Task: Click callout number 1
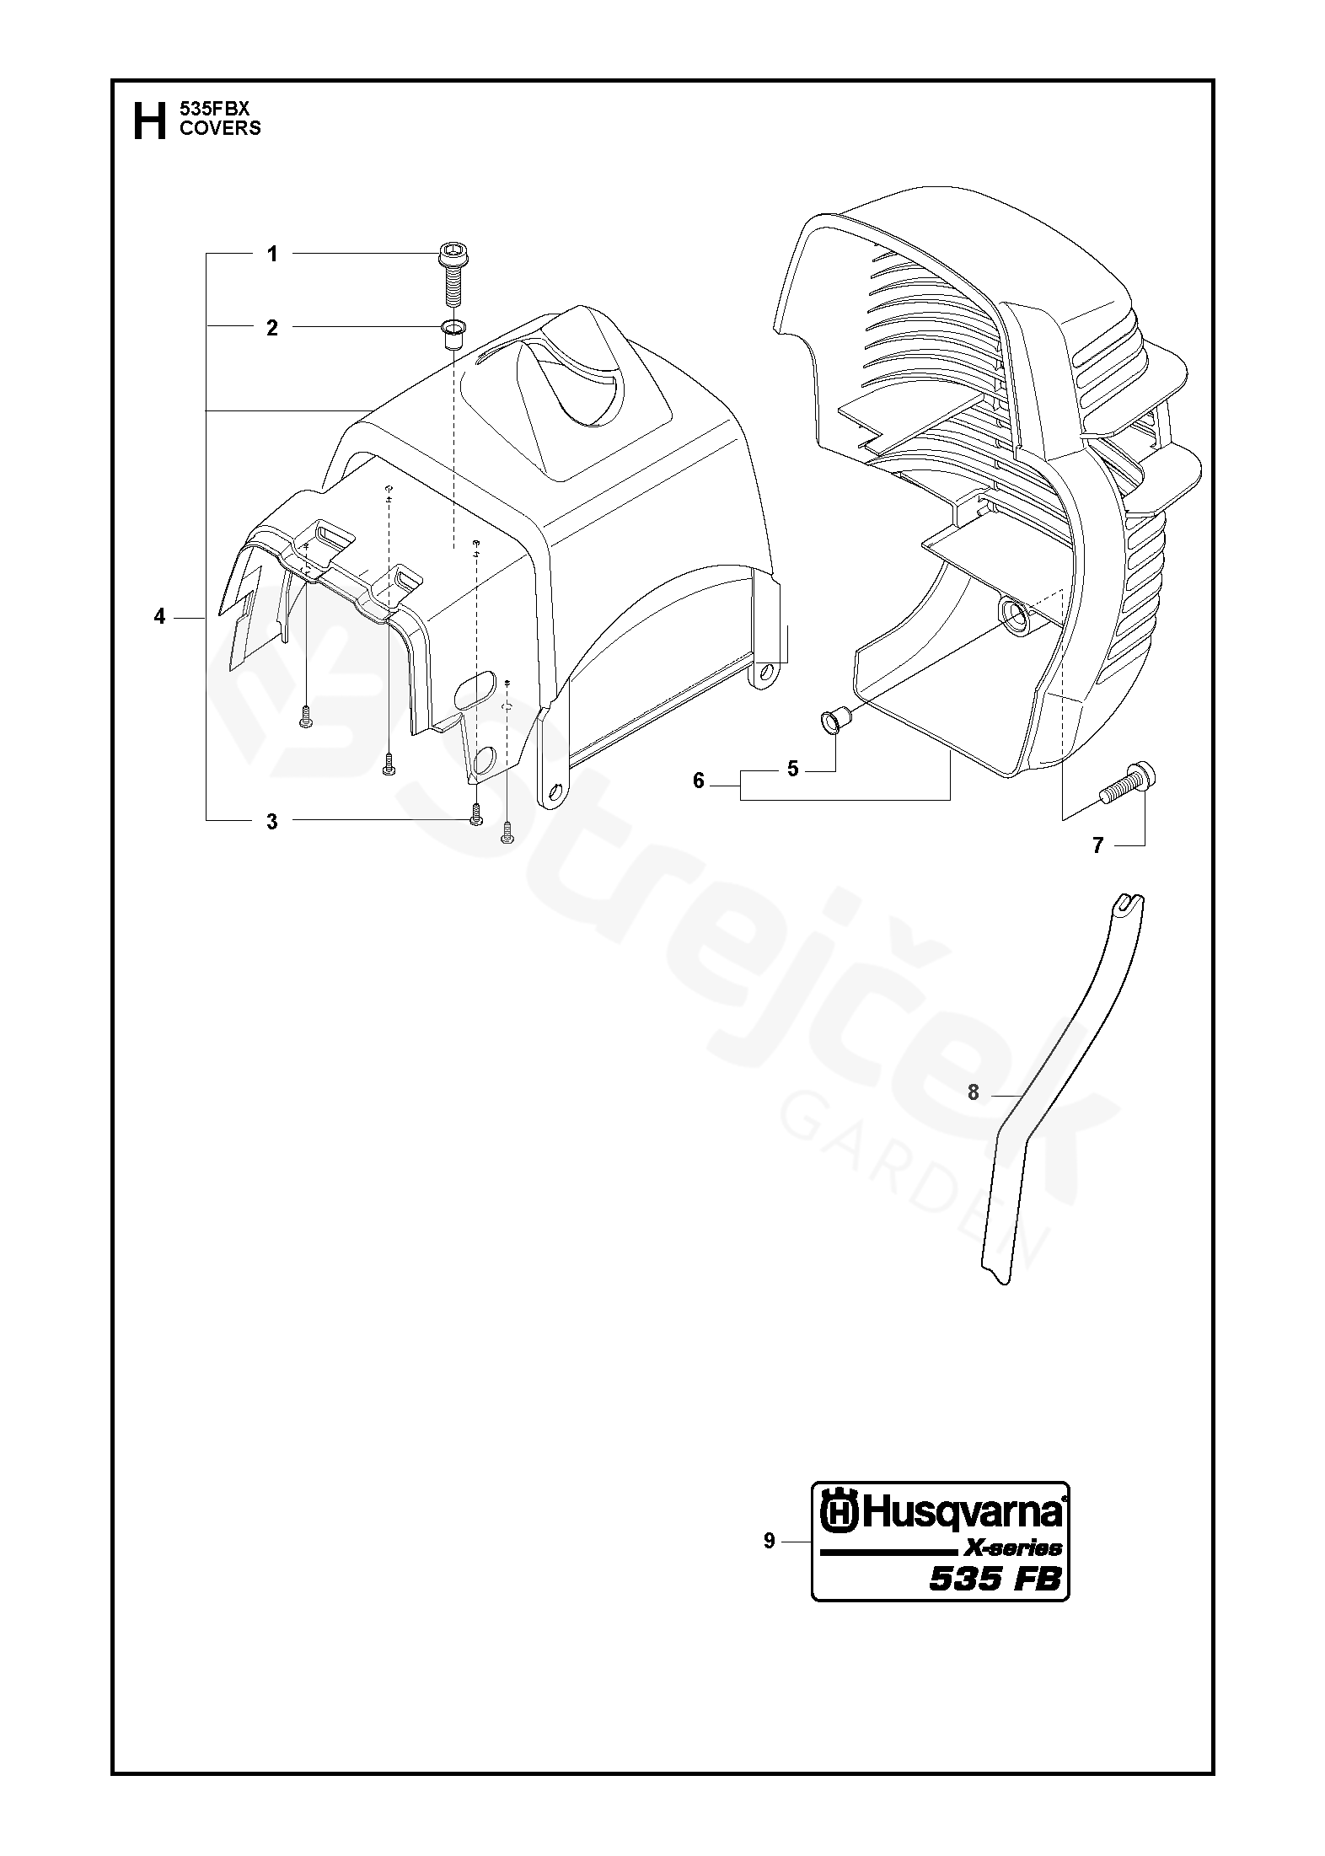pos(271,254)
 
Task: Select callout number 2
pos(271,327)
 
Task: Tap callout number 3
pos(271,822)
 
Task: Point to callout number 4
pos(159,617)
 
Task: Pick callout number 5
pos(792,770)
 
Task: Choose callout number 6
pos(698,781)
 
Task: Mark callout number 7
pos(1097,845)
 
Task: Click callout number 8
pos(974,1092)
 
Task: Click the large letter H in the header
pos(149,121)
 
